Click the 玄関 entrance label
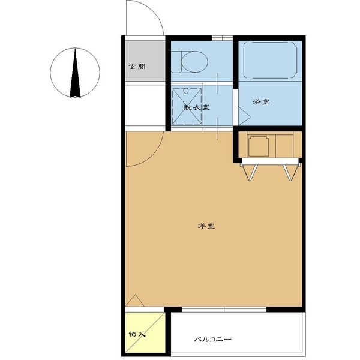137,67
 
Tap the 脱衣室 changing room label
197,107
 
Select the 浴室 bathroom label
261,102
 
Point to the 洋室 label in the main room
206,226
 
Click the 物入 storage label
137,334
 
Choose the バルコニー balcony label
212,339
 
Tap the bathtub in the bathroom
270,59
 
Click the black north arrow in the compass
75,73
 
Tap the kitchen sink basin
258,146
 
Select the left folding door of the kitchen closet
250,172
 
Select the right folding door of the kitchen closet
291,172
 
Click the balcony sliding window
224,310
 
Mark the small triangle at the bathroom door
244,116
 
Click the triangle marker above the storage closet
135,301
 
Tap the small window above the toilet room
222,38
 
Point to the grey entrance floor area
145,61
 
